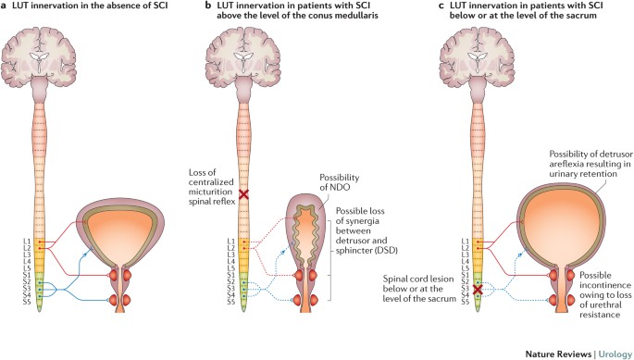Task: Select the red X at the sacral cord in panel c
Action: tap(476, 291)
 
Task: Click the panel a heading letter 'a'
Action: tap(6, 8)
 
